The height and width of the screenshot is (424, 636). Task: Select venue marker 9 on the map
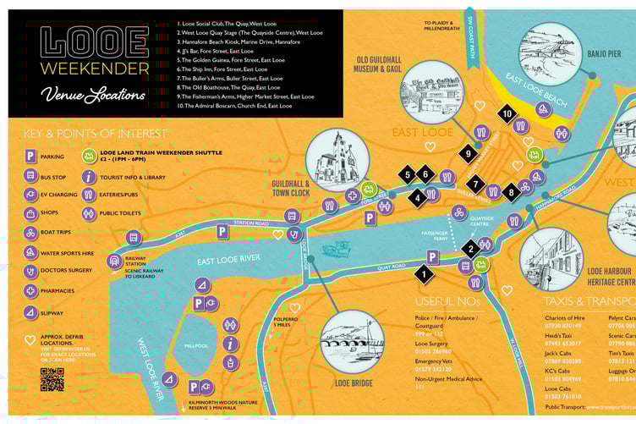tap(468, 153)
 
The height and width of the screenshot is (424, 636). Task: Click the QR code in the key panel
tap(52, 380)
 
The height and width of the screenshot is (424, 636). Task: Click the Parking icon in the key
tap(30, 156)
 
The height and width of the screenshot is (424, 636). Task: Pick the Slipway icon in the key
tap(30, 312)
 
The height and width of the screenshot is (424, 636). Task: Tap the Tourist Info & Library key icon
tap(89, 177)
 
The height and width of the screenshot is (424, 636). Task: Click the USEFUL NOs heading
tap(447, 301)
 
